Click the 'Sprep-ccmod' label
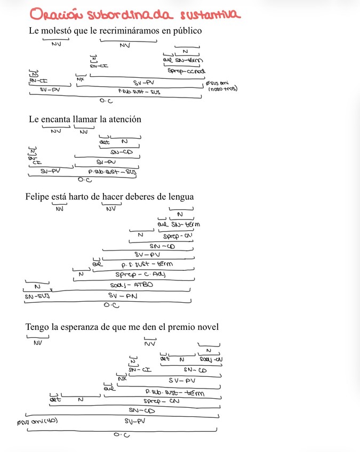click(186, 70)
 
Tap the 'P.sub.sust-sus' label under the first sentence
click(139, 92)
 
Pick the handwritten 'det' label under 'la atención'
click(105, 142)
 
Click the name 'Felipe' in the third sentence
click(37, 197)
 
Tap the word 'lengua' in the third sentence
click(179, 197)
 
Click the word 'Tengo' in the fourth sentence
click(37, 327)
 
